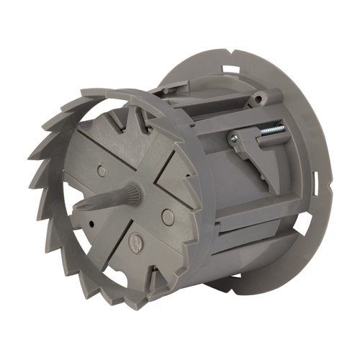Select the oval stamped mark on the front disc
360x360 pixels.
(x=134, y=243)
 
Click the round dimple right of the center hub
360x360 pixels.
(x=167, y=215)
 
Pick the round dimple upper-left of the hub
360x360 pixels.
(x=101, y=171)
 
